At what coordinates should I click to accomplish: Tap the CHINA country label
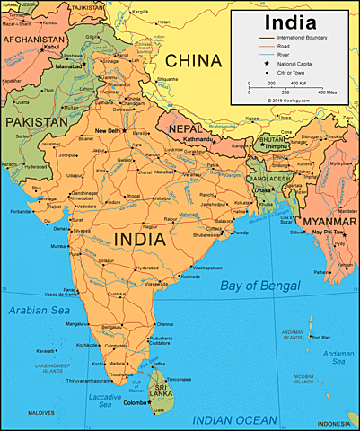click(x=192, y=61)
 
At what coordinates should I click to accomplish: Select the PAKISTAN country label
click(x=36, y=120)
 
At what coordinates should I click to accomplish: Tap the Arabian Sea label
click(x=37, y=310)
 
